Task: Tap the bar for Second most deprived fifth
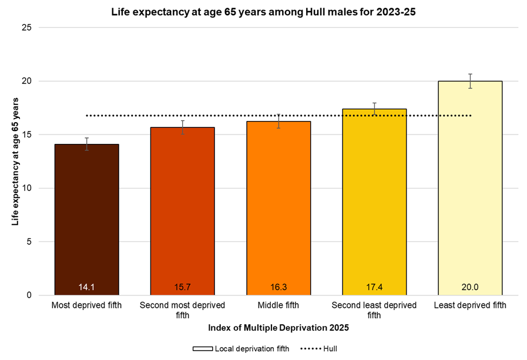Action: tap(182, 211)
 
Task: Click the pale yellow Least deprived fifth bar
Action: tap(470, 188)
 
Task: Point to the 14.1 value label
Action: tap(86, 287)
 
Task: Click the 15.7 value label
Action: tap(182, 287)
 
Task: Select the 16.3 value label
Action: tap(278, 287)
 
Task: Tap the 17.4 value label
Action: tap(374, 287)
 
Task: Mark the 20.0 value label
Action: tap(470, 287)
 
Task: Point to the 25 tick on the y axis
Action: tap(27, 28)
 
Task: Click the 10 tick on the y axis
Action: tap(27, 189)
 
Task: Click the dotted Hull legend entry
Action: tap(319, 349)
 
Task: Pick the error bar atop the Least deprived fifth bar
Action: tap(470, 81)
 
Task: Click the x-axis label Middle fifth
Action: tap(278, 305)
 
